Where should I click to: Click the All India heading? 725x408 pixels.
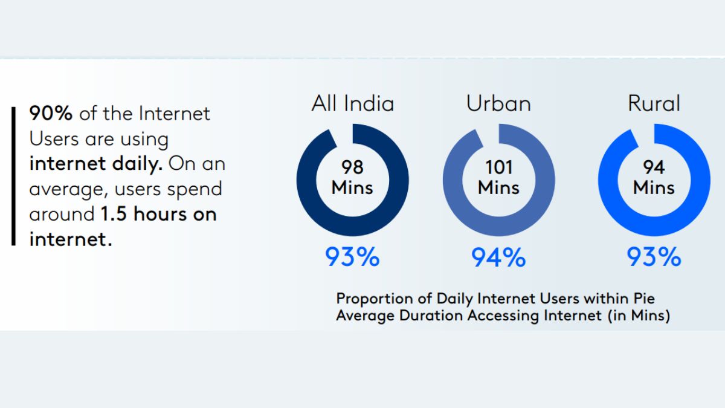[x=352, y=103]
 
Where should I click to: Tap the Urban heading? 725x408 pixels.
[x=498, y=103]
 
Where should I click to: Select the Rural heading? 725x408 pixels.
[x=654, y=103]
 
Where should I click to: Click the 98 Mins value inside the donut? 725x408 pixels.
[x=352, y=176]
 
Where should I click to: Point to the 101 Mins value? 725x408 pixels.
[x=498, y=176]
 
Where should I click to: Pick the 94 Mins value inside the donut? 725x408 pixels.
[x=654, y=176]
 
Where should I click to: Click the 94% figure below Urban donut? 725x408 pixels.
[x=498, y=258]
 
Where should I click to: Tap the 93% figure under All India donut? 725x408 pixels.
[x=352, y=258]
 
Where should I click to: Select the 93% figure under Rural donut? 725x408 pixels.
[x=654, y=258]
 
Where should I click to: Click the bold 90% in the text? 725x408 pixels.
[x=51, y=114]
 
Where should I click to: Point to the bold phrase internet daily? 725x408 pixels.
[x=96, y=164]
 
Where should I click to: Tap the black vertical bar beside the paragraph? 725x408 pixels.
[x=13, y=176]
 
